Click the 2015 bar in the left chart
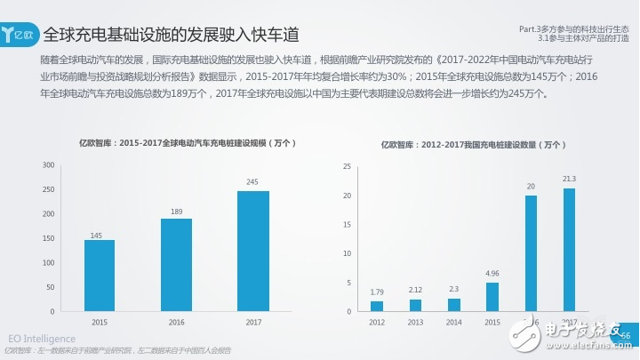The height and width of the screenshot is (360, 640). point(100,276)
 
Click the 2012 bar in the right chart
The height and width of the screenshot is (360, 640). point(377,307)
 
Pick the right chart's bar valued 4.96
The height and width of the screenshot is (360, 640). point(492,297)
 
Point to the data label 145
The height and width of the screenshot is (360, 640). point(100,235)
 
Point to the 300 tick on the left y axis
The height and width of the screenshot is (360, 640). point(49,164)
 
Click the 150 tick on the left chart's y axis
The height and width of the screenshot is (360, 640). point(49,238)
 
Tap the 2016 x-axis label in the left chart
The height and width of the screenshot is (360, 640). point(176,321)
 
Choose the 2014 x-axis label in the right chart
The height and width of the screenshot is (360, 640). point(453,321)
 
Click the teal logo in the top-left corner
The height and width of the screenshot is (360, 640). point(19,36)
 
